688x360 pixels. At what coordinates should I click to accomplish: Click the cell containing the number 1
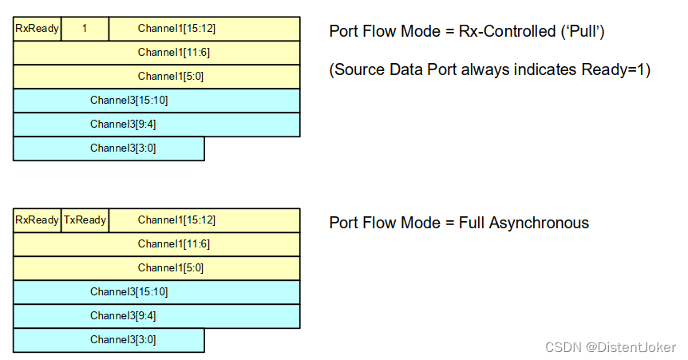click(x=85, y=29)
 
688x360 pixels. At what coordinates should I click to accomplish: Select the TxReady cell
click(x=85, y=220)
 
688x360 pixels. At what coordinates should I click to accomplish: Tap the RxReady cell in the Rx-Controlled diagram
click(x=37, y=29)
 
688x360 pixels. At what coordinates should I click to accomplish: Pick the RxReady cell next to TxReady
click(x=37, y=220)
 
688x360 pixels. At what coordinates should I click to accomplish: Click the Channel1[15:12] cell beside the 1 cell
click(x=204, y=29)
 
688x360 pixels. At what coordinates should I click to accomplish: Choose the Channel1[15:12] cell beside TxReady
click(x=204, y=220)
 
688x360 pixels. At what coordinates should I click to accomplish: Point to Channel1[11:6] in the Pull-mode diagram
click(x=156, y=53)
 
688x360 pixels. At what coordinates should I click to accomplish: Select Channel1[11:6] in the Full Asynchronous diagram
click(x=156, y=244)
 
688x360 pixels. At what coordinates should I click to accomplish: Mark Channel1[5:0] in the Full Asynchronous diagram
click(x=156, y=268)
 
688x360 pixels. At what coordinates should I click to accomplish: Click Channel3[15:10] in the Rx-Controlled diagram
click(x=156, y=101)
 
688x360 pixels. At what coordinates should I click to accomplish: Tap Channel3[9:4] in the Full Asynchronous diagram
click(x=156, y=316)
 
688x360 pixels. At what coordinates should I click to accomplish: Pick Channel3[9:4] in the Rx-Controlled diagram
click(x=156, y=125)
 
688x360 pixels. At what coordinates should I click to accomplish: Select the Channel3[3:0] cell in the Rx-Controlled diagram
click(x=109, y=148)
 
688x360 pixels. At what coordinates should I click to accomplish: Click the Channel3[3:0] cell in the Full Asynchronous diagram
click(x=109, y=340)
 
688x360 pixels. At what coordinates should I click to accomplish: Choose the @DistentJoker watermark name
click(x=631, y=347)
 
